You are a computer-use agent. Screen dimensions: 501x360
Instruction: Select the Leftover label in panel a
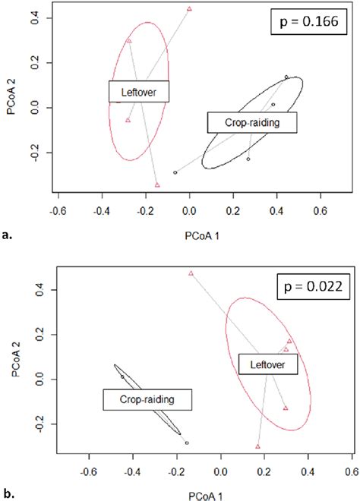pyautogui.click(x=138, y=92)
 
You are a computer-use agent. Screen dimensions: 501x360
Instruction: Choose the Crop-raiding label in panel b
pyautogui.click(x=147, y=400)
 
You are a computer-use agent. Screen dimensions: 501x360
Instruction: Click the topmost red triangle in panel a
pyautogui.click(x=189, y=9)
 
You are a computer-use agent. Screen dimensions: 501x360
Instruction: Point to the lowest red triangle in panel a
pyautogui.click(x=157, y=184)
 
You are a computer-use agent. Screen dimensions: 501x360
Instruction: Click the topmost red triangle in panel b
pyautogui.click(x=191, y=273)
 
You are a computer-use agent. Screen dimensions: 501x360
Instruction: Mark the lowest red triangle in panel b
pyautogui.click(x=258, y=446)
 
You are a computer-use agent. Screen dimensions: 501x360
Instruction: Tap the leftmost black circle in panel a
pyautogui.click(x=175, y=172)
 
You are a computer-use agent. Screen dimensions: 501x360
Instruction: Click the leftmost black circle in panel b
pyautogui.click(x=122, y=377)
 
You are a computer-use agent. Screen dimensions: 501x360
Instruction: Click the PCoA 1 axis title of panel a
pyautogui.click(x=189, y=223)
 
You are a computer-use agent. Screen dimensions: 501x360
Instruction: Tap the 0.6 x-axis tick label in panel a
pyautogui.click(x=320, y=205)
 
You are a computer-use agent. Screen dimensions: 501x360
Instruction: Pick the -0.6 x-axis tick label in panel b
pyautogui.click(x=90, y=471)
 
